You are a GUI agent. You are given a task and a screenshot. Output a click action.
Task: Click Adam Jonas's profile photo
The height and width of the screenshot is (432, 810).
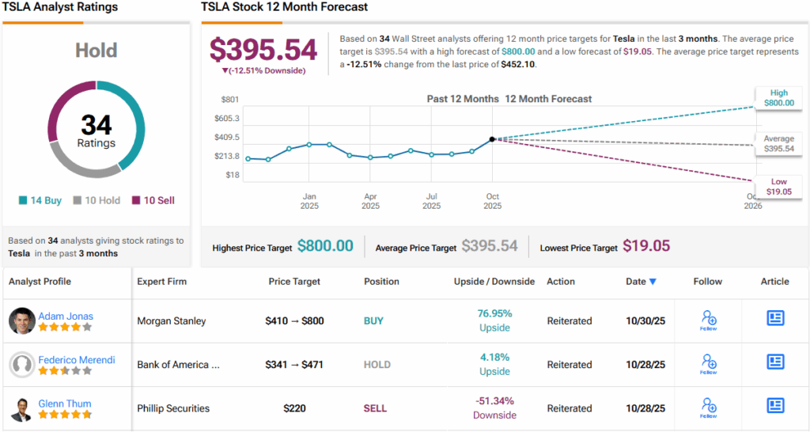tap(22, 321)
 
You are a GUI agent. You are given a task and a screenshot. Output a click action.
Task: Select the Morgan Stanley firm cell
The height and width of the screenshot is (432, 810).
tap(172, 321)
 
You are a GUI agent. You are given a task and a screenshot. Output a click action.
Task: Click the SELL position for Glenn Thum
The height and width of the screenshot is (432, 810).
tap(376, 408)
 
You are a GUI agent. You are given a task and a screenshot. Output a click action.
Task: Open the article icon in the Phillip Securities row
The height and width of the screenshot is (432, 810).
tap(775, 406)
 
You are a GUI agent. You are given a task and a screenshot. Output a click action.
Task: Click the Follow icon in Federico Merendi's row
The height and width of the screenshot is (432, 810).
tap(708, 363)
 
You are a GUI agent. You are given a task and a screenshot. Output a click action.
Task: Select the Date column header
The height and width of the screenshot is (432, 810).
tap(641, 281)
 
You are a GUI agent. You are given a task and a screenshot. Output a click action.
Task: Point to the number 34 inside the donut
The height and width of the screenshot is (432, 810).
tap(97, 125)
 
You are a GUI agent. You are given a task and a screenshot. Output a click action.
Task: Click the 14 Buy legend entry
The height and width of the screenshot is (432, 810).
tap(41, 200)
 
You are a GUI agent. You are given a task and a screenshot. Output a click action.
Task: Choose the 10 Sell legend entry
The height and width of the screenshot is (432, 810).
tap(153, 200)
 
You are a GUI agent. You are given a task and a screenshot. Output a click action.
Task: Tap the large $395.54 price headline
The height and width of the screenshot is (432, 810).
tap(263, 50)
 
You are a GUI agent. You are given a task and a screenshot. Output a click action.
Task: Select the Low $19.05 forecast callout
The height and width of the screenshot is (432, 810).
tap(778, 187)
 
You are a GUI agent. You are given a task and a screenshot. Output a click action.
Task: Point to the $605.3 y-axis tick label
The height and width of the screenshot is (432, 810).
tap(227, 119)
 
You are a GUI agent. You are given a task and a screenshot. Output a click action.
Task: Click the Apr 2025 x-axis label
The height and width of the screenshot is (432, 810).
tap(370, 201)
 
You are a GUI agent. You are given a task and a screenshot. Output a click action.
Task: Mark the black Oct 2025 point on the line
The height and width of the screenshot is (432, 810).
tap(493, 138)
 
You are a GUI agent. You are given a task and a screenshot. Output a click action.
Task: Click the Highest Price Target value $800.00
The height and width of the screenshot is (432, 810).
tap(325, 246)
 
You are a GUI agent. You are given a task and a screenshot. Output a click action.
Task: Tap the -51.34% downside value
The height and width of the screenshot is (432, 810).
tap(494, 401)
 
